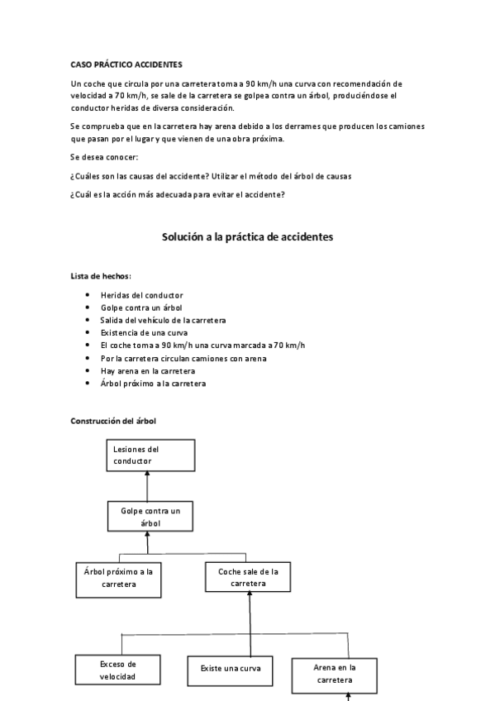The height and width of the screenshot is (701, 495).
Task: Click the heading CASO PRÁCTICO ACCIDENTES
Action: (x=126, y=64)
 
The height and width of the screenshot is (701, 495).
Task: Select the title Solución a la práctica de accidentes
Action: (x=246, y=236)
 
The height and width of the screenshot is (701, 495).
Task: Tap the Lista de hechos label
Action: (x=101, y=275)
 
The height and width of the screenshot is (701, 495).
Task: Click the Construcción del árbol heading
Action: (x=113, y=421)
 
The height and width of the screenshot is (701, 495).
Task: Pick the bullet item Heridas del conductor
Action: (x=141, y=295)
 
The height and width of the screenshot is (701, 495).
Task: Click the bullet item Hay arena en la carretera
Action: (x=147, y=370)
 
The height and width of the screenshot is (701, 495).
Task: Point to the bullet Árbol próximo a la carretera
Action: (x=153, y=384)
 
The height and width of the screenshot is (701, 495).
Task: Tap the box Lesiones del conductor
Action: (x=150, y=455)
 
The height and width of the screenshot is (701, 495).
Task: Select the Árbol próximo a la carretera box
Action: (x=118, y=578)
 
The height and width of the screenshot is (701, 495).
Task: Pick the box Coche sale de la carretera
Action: (x=249, y=577)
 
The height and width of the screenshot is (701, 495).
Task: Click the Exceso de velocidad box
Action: (x=118, y=670)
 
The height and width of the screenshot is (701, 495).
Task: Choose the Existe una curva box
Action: (x=231, y=667)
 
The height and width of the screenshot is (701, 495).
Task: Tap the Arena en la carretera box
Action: (x=335, y=674)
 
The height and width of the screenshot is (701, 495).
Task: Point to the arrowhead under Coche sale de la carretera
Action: (x=249, y=597)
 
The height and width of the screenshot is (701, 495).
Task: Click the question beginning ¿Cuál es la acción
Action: (x=178, y=194)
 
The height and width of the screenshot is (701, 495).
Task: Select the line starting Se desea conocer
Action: (x=105, y=157)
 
